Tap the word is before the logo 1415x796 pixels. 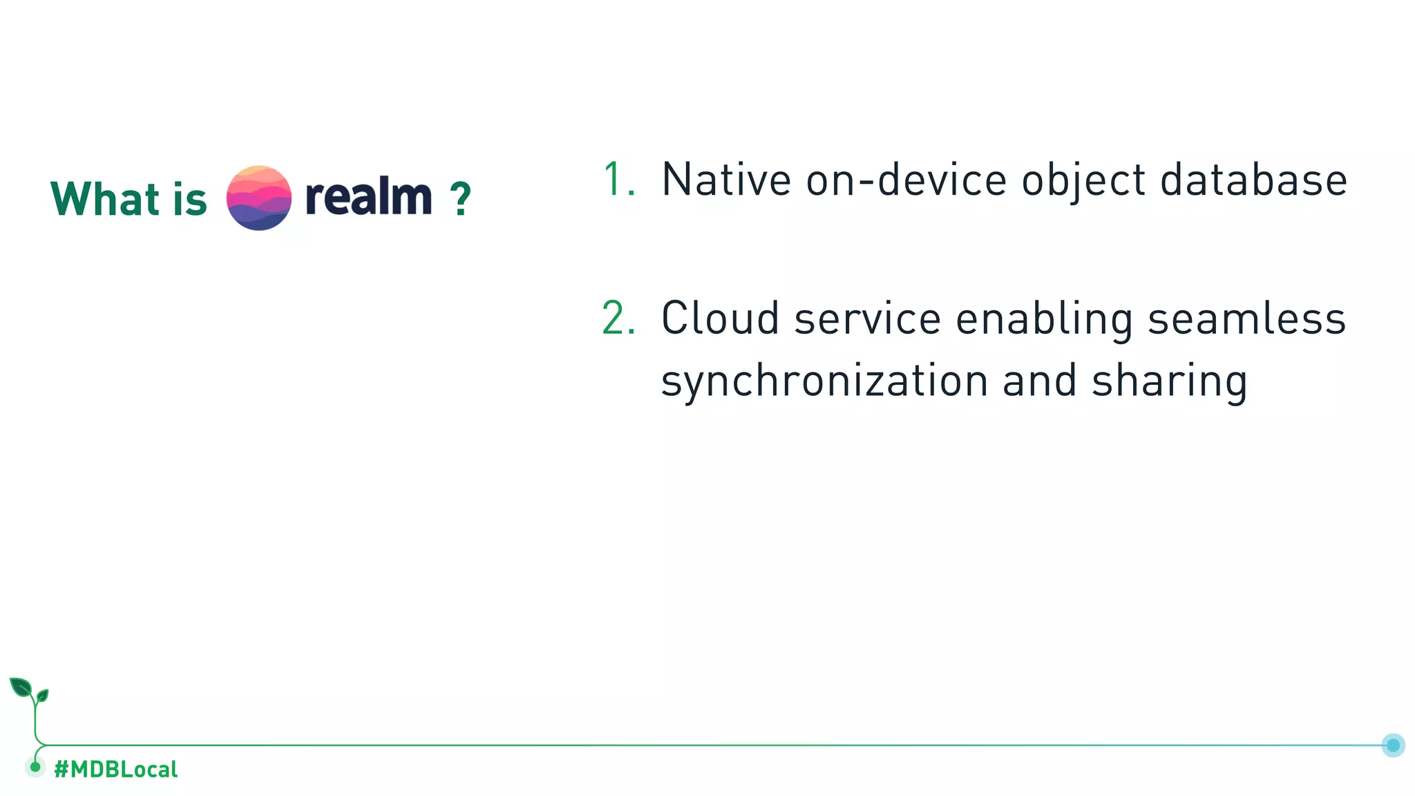(190, 199)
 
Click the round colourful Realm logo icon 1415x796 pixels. (259, 198)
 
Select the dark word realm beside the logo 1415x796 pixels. (368, 197)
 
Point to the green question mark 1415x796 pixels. (460, 200)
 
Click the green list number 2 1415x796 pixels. (618, 319)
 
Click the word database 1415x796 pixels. (1253, 180)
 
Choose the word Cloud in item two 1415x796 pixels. (720, 319)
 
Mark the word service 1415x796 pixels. (868, 319)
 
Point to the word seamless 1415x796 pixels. (1246, 319)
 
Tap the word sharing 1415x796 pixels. (1169, 381)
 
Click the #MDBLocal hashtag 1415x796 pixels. (115, 769)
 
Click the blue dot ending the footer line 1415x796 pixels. (1393, 745)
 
